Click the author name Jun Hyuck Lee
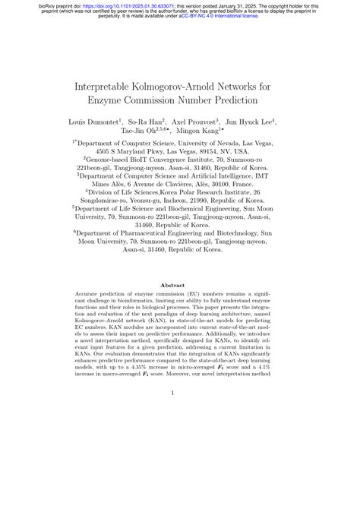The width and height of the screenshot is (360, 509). click(252, 121)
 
